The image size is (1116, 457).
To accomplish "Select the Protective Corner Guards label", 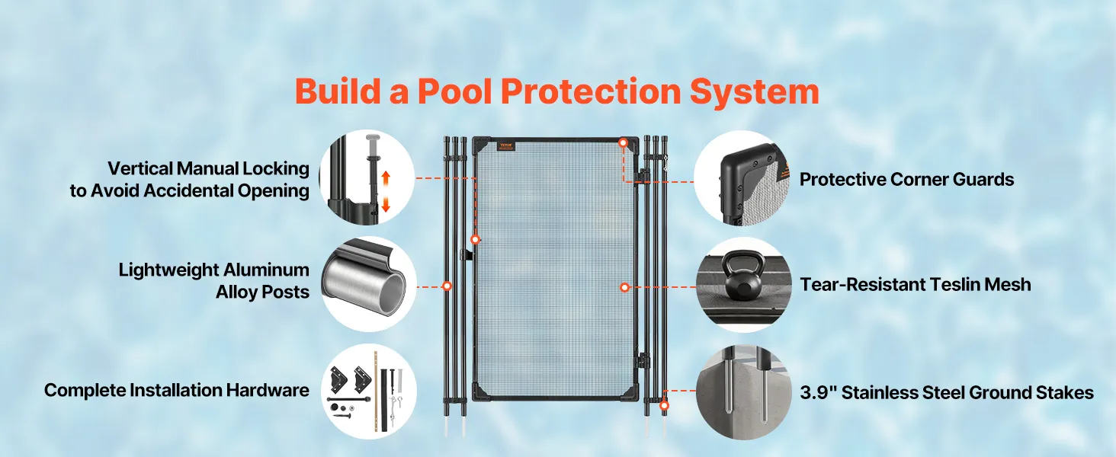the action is point(907,179).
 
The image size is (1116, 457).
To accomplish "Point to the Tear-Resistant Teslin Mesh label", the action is point(916,284).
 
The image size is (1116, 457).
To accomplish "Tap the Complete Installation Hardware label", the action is point(176,390).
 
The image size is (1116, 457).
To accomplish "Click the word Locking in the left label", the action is point(275,169).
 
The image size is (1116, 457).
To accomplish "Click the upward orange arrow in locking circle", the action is point(386,179).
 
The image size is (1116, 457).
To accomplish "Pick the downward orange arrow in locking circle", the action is point(386,204).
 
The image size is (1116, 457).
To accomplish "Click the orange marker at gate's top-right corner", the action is point(623,143).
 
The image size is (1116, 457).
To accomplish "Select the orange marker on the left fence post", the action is point(447,286).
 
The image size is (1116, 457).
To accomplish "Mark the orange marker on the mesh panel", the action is point(624,287).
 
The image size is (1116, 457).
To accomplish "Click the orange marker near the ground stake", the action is point(664,406).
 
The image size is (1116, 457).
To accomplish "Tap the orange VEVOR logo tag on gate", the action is point(506,146).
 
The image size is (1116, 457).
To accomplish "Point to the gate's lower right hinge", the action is point(643,362).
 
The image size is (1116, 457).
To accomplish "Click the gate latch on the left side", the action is point(466,254).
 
